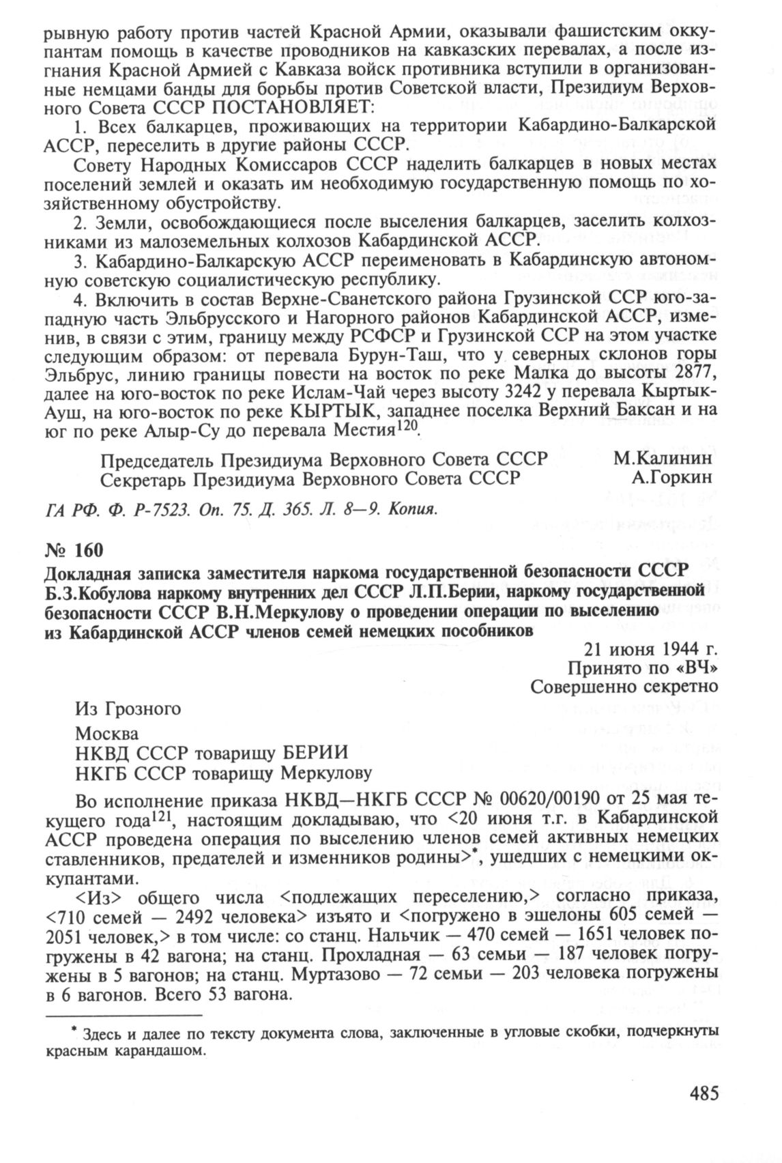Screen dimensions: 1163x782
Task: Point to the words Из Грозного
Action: pos(128,709)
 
